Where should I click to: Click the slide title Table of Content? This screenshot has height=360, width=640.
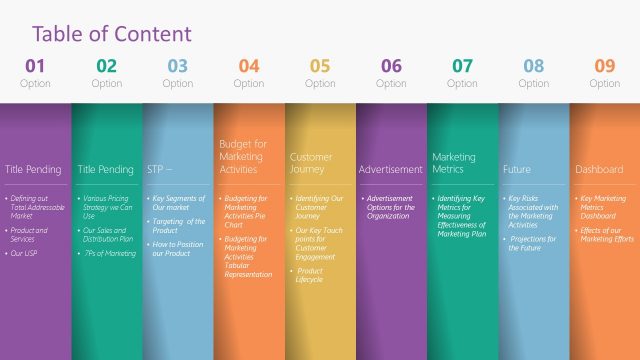coord(111,33)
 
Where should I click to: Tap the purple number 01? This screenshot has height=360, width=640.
coord(35,67)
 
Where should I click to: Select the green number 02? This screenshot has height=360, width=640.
coord(106,67)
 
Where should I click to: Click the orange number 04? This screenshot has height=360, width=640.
coord(249,67)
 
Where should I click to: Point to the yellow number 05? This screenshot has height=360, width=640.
coord(320,67)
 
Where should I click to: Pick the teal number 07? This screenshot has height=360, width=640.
coord(462,67)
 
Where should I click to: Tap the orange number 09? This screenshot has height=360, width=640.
coord(605,67)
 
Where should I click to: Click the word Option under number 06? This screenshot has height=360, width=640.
coord(391,84)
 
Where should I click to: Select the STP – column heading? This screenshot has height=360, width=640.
coord(161,170)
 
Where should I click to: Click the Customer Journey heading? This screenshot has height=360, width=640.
coord(311,163)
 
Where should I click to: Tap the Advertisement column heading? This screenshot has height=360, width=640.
coord(391,170)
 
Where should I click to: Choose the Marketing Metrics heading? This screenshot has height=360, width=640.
coord(454,163)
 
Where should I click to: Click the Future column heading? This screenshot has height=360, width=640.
coord(517,170)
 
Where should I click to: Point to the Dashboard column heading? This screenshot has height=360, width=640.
coord(599,170)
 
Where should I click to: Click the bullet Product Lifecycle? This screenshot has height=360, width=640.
coord(310,275)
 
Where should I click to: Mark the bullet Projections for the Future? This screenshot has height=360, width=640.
coord(534,243)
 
